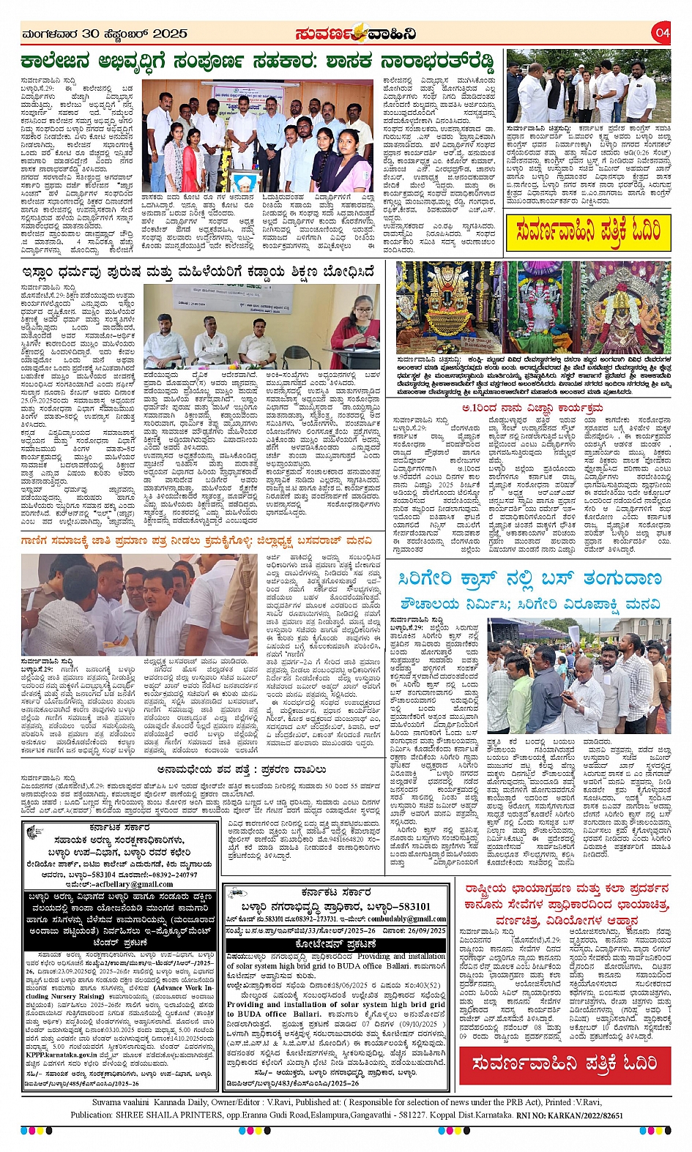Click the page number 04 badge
pos(662,32)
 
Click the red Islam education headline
pos(198,273)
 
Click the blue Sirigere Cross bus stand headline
pos(531,579)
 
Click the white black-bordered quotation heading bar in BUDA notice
pos(336,943)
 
